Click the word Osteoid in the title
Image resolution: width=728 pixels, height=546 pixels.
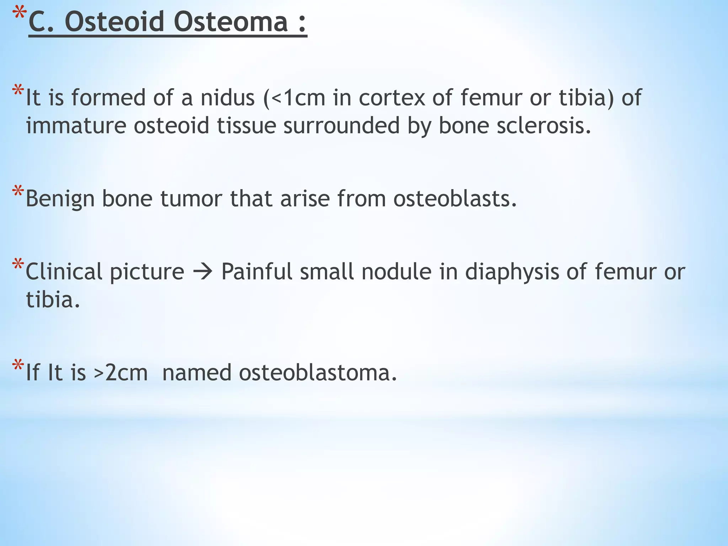(x=114, y=22)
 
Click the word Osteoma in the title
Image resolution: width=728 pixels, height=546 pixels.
(x=231, y=22)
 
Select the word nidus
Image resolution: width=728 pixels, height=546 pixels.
(x=227, y=98)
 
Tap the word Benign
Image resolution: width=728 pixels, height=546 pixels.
(x=60, y=199)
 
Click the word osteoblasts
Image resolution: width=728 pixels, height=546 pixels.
(x=455, y=199)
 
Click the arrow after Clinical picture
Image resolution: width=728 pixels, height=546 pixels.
(x=203, y=272)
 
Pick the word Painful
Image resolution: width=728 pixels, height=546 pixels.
(x=257, y=272)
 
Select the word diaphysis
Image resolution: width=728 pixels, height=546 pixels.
(x=512, y=272)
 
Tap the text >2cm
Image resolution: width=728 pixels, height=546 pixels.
(x=121, y=373)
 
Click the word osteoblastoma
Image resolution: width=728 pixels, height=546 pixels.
(x=317, y=373)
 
